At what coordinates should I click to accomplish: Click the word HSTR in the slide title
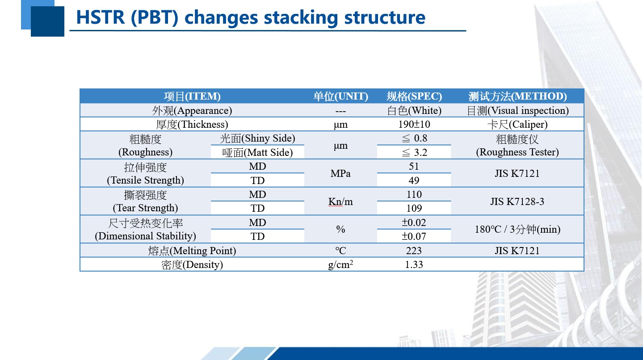click(101, 17)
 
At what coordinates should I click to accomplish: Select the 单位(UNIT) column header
click(341, 96)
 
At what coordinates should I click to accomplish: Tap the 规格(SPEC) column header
click(414, 96)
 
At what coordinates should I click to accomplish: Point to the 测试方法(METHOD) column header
click(517, 96)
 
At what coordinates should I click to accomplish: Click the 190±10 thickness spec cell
click(414, 124)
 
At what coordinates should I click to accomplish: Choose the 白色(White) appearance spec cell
click(414, 110)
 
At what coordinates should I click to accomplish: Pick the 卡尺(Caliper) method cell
click(517, 124)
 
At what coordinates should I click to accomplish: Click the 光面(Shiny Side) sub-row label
click(257, 138)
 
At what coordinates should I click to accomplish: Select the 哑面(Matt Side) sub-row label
click(257, 152)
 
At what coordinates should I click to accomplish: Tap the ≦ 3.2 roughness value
click(414, 152)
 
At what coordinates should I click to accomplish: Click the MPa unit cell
click(340, 173)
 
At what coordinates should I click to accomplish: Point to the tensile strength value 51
click(414, 166)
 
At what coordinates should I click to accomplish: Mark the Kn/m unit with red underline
click(340, 201)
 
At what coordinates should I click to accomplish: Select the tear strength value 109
click(414, 208)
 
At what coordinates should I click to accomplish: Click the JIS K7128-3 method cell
click(517, 201)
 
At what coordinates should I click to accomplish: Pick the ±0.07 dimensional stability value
click(414, 236)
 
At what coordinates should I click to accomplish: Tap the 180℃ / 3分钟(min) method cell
click(517, 229)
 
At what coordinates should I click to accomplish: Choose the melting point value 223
click(414, 251)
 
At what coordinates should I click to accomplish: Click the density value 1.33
click(414, 264)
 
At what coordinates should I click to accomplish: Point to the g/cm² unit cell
click(340, 264)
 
